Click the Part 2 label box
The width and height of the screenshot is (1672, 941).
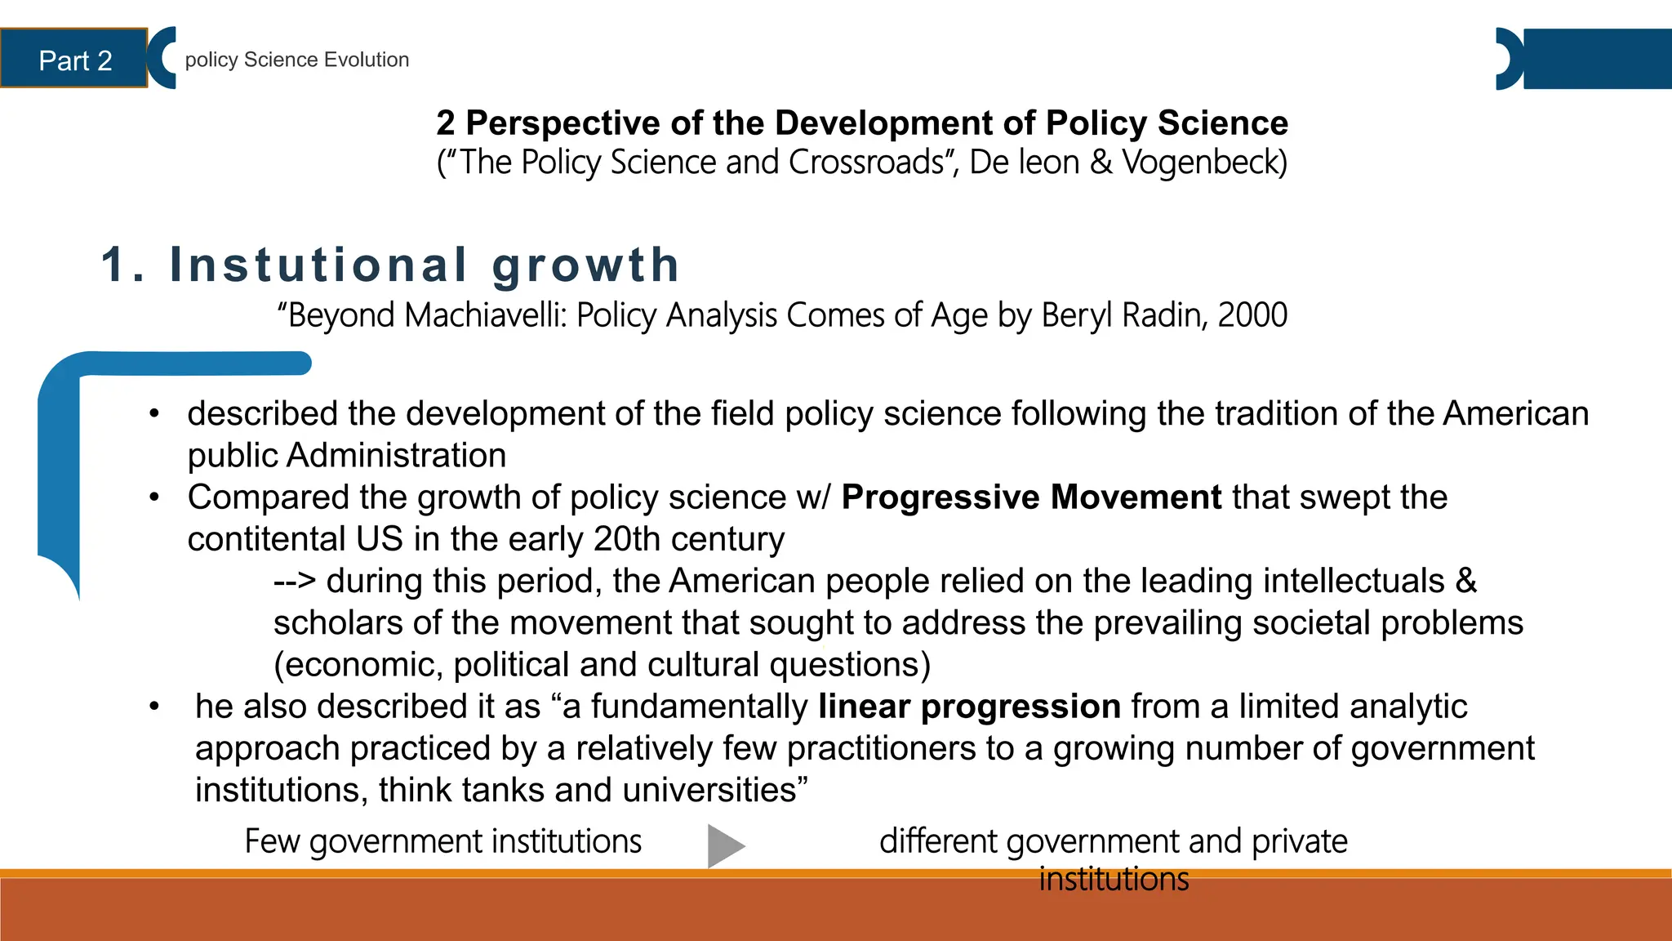point(74,60)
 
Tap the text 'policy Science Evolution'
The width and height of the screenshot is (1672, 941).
point(296,60)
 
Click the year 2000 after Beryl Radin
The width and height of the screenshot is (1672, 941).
point(1252,315)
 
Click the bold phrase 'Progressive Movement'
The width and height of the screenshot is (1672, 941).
point(1031,497)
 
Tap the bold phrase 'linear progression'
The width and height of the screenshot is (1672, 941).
point(970,707)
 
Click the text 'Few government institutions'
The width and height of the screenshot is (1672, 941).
point(443,841)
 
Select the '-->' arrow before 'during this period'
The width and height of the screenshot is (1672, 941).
point(295,582)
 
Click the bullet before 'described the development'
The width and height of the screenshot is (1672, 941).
point(153,414)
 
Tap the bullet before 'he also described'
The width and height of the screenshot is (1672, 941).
point(153,707)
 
